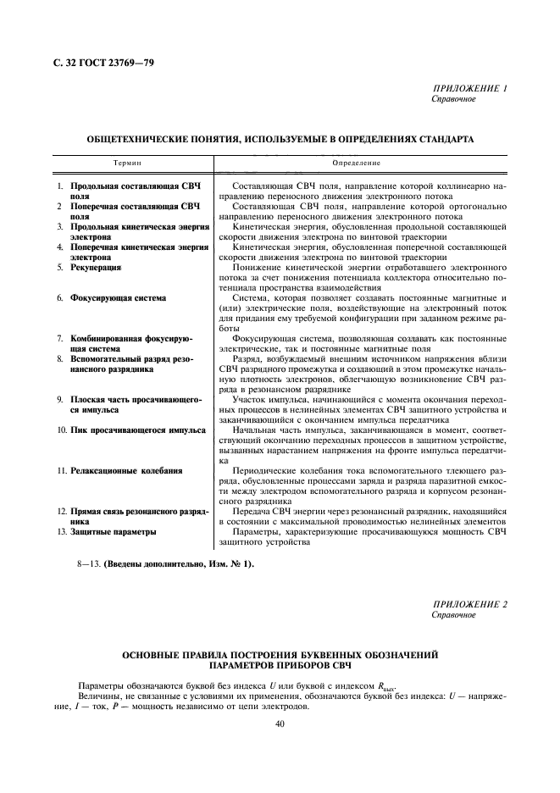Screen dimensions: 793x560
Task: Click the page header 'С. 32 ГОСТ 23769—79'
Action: [96, 64]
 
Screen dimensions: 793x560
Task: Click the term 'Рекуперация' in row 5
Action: [96, 267]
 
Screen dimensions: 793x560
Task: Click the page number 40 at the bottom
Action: [280, 723]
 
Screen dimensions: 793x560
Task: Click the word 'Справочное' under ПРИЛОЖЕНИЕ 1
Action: [454, 99]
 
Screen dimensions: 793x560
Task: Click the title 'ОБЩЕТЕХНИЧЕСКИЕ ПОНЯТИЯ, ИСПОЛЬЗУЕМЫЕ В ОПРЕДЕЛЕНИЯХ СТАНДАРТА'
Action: [280, 138]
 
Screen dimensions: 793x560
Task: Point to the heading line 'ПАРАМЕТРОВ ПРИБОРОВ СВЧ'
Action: [280, 665]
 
